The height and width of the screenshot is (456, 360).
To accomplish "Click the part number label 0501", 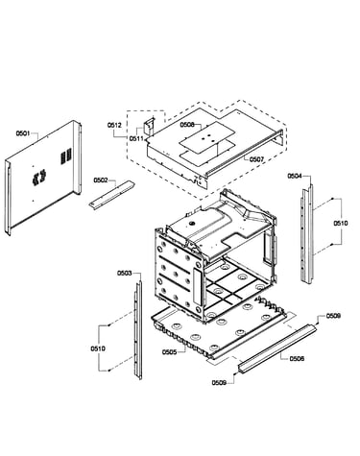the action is point(23,133).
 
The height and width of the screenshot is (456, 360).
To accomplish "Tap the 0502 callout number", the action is point(100,180).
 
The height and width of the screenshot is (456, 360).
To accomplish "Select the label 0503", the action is point(124,273).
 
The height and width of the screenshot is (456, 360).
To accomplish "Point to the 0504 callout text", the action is point(295,176).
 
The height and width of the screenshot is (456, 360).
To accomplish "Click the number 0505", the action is point(169,352).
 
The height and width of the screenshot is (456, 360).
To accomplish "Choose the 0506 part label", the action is point(297,359).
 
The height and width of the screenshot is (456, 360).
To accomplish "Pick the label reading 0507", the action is point(256,158).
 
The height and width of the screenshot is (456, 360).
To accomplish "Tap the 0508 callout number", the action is point(187,125).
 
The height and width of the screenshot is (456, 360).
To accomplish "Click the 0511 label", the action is point(136,138).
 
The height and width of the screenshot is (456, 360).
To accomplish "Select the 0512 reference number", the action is point(114,125).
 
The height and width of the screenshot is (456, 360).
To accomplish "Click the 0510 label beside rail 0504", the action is point(341,223).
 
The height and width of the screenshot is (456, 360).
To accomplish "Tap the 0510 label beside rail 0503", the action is point(98,348).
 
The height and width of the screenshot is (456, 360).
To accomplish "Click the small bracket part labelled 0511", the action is point(150,127).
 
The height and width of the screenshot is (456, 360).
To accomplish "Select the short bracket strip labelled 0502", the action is point(111,195).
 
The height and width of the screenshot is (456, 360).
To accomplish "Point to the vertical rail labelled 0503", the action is point(138,329).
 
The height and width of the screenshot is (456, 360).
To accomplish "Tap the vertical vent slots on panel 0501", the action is point(66,156).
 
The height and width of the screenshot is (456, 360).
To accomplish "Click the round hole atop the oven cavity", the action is point(192,223).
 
